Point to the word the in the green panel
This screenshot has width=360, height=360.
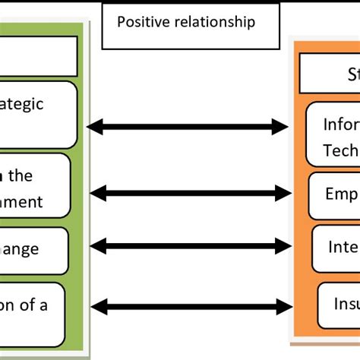21,176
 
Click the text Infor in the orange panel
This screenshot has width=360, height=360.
340,123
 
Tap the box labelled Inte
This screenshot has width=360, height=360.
335,246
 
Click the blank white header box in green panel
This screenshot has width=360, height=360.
38,56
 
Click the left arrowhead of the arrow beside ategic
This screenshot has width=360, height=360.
94,127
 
